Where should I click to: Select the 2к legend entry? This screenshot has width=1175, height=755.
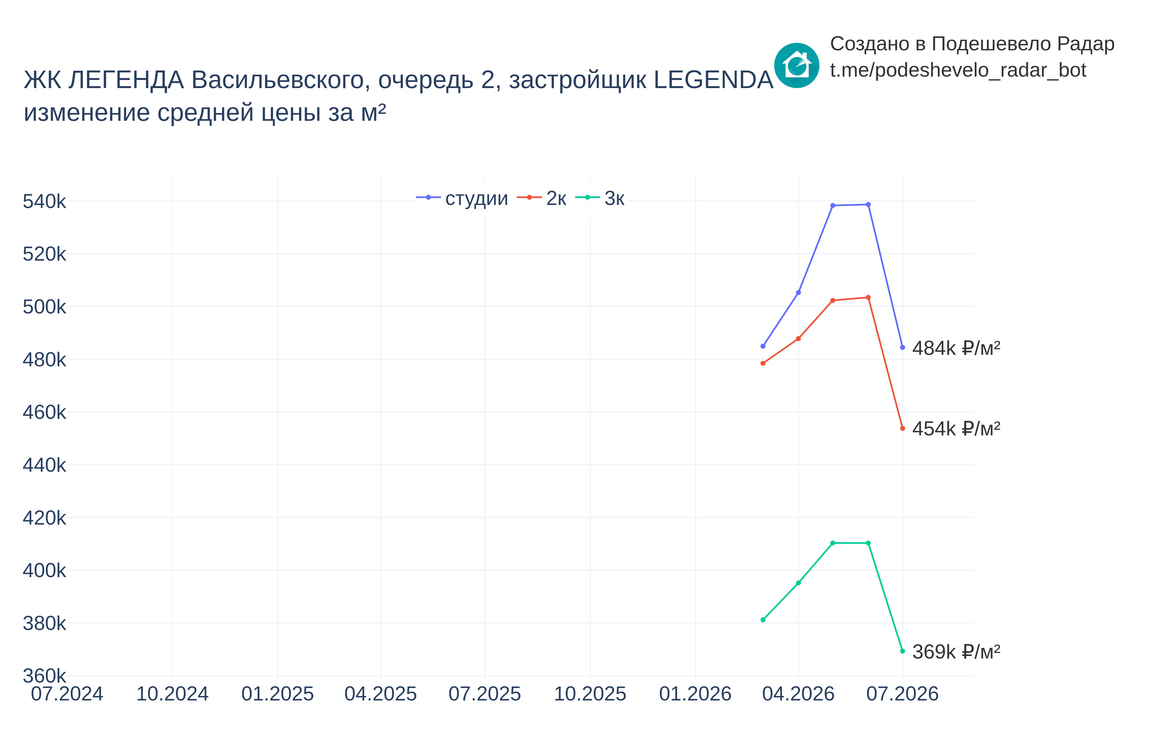(x=541, y=198)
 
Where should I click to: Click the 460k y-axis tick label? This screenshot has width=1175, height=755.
(x=44, y=412)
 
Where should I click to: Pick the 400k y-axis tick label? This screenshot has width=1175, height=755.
(x=44, y=571)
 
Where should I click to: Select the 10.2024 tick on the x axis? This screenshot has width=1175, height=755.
(x=172, y=694)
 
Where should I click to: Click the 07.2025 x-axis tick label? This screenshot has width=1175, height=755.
(x=485, y=694)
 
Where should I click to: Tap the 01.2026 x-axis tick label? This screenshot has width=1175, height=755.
(x=695, y=694)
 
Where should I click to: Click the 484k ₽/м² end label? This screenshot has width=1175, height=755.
(x=956, y=348)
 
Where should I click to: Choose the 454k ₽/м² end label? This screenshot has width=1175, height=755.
(x=956, y=428)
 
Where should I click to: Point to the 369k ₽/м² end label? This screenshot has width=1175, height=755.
(x=956, y=652)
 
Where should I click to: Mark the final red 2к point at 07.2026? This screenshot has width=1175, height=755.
(x=902, y=428)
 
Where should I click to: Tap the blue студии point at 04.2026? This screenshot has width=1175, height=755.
(x=798, y=293)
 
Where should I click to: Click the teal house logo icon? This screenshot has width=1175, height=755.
(x=796, y=65)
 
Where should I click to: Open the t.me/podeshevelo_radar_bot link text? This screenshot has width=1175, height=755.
(x=958, y=70)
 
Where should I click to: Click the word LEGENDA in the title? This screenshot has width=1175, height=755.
(x=714, y=80)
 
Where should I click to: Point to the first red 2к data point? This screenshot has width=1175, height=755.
(x=763, y=363)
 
